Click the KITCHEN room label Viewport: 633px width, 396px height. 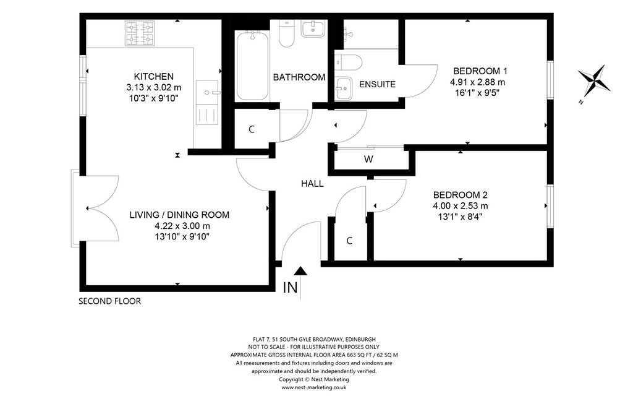point(154,76)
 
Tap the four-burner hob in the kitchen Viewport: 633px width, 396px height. point(140,33)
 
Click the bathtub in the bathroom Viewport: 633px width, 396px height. point(253,66)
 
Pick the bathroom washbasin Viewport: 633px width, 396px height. point(313,29)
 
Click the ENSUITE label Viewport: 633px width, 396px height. point(378,84)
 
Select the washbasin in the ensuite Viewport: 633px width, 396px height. point(344,88)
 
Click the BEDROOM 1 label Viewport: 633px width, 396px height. point(480,71)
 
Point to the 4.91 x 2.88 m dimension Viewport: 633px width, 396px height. point(478,82)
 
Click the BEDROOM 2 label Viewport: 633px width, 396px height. point(460,195)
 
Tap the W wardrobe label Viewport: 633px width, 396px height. point(368,159)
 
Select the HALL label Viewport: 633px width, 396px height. point(312,184)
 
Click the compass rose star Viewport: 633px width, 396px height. point(594,80)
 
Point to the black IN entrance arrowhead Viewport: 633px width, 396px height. point(300,271)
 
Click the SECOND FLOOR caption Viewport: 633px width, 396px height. point(110,301)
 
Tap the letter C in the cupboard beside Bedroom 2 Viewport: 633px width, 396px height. point(349,241)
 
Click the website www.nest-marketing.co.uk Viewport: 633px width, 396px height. point(314,387)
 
